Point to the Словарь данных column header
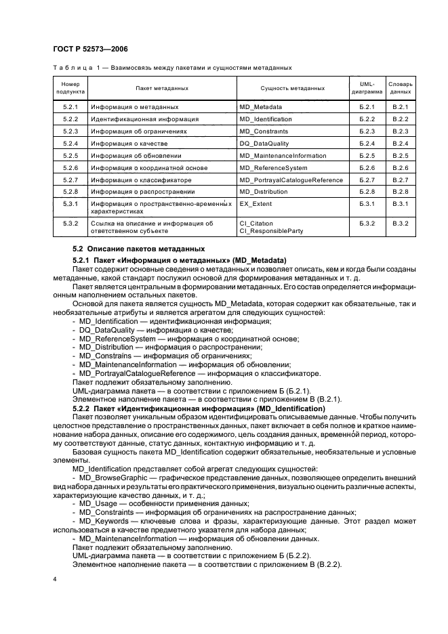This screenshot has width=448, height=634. coord(400,88)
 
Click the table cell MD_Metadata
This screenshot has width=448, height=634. coord(261,107)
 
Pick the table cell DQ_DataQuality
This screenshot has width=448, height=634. coord(264,144)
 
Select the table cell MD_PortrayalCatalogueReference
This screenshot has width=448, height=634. coord(291,180)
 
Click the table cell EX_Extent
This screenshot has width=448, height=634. coord(257,204)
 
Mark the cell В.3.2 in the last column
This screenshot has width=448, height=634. coord(400,223)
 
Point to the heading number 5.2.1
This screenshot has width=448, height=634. coord(82,261)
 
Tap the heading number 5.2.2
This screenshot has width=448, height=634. coord(82,408)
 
